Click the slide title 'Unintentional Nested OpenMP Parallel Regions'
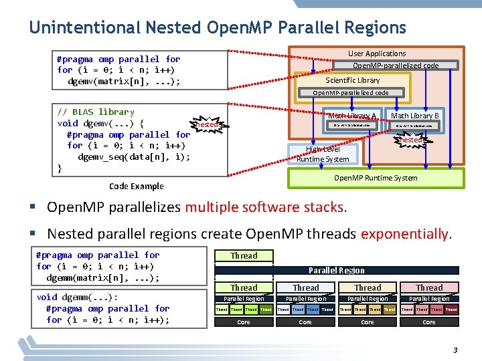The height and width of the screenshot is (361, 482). pyautogui.click(x=217, y=27)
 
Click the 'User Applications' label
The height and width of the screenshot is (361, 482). pyautogui.click(x=376, y=53)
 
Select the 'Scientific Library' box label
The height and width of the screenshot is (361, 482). pyautogui.click(x=352, y=80)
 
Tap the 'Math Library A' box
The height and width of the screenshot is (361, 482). pyautogui.click(x=351, y=116)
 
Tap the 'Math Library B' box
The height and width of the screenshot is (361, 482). pyautogui.click(x=414, y=116)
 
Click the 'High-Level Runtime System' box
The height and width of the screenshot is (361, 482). pyautogui.click(x=323, y=154)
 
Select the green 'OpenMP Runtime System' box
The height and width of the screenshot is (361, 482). pyautogui.click(x=375, y=178)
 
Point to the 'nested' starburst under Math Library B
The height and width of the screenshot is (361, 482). pyautogui.click(x=411, y=140)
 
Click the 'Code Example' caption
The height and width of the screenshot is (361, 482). pyautogui.click(x=136, y=186)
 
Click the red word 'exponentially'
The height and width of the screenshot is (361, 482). pyautogui.click(x=406, y=234)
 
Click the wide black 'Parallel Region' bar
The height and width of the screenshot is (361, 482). pyautogui.click(x=336, y=271)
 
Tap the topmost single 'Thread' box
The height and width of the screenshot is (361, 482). pyautogui.click(x=244, y=255)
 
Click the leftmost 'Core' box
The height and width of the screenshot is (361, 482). pyautogui.click(x=244, y=322)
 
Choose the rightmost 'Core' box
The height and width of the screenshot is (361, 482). pyautogui.click(x=429, y=322)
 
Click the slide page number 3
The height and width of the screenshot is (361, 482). pyautogui.click(x=455, y=350)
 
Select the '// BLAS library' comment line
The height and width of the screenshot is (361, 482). pyautogui.click(x=96, y=112)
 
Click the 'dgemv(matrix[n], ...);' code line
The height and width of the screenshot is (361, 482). pyautogui.click(x=124, y=82)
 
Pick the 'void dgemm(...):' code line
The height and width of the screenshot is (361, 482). pyautogui.click(x=78, y=297)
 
